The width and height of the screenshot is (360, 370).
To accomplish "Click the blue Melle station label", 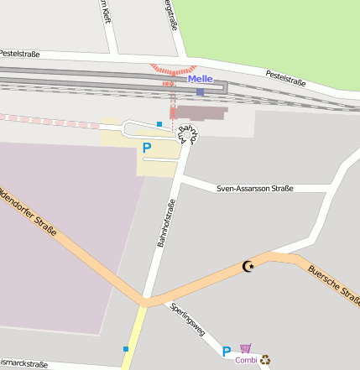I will click(x=201, y=79).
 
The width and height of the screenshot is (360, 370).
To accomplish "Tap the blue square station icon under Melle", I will click(x=200, y=91).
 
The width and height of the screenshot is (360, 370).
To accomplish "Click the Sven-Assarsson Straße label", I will click(x=255, y=189).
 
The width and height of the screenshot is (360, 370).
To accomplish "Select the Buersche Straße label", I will click(x=333, y=284).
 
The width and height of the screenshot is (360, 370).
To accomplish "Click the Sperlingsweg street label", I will click(x=187, y=319).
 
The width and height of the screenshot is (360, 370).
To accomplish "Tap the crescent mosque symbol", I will click(x=247, y=266).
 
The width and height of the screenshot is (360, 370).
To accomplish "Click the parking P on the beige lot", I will click(x=147, y=149).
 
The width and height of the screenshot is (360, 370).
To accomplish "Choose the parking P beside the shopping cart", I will click(x=227, y=352).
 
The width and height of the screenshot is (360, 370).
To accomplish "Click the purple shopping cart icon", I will click(x=245, y=348).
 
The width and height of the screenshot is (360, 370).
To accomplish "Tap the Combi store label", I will click(x=246, y=361).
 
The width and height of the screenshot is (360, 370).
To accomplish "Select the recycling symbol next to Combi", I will click(x=265, y=360).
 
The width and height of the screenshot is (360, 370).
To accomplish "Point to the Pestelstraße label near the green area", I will click(x=285, y=77).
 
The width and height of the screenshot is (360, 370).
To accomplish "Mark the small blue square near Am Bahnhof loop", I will click(x=159, y=124).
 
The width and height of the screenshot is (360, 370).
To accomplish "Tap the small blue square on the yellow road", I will click(x=126, y=348).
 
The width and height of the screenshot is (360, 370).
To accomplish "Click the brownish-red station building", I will click(x=201, y=112).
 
